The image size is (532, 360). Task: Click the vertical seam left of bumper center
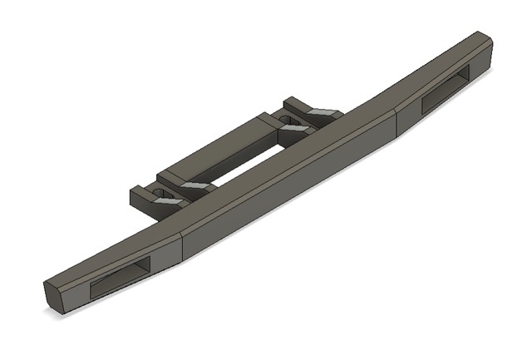(x=181, y=248)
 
